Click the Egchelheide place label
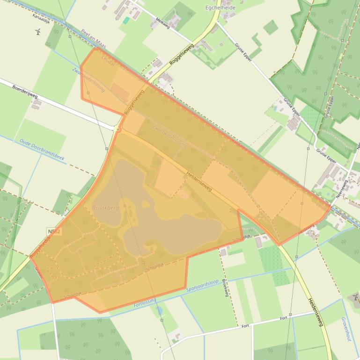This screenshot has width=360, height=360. point(220,8)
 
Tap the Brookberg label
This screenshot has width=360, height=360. point(105,207)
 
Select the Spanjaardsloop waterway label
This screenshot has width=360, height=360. point(203,282)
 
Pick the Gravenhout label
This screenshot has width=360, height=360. point(345,329)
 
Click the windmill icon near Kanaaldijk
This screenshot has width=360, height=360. point(38,32)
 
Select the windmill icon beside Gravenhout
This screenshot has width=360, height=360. point(355,296)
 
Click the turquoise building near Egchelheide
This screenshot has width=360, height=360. point(125,21)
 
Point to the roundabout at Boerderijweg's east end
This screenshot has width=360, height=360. point(117,129)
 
